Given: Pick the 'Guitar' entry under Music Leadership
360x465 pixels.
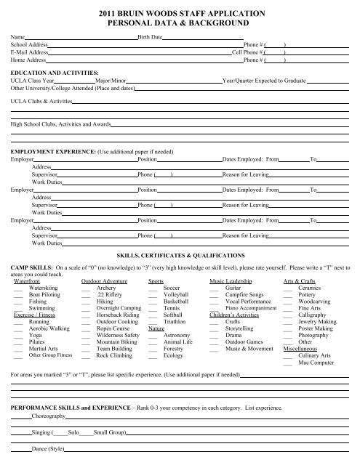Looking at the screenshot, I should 235,288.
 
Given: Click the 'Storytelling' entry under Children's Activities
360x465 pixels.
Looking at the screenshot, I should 241,336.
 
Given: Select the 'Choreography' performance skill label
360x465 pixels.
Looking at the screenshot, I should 49,418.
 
